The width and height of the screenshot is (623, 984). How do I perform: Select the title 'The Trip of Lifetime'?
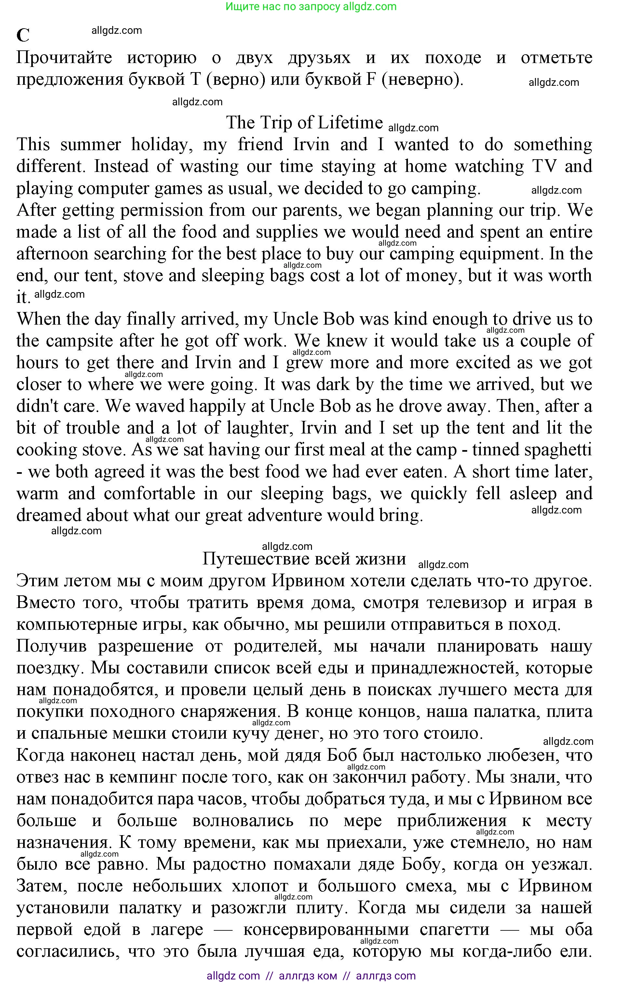(x=304, y=123)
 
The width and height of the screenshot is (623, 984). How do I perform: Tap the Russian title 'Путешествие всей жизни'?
(x=304, y=559)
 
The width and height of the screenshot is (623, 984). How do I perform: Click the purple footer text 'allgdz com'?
(x=233, y=976)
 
